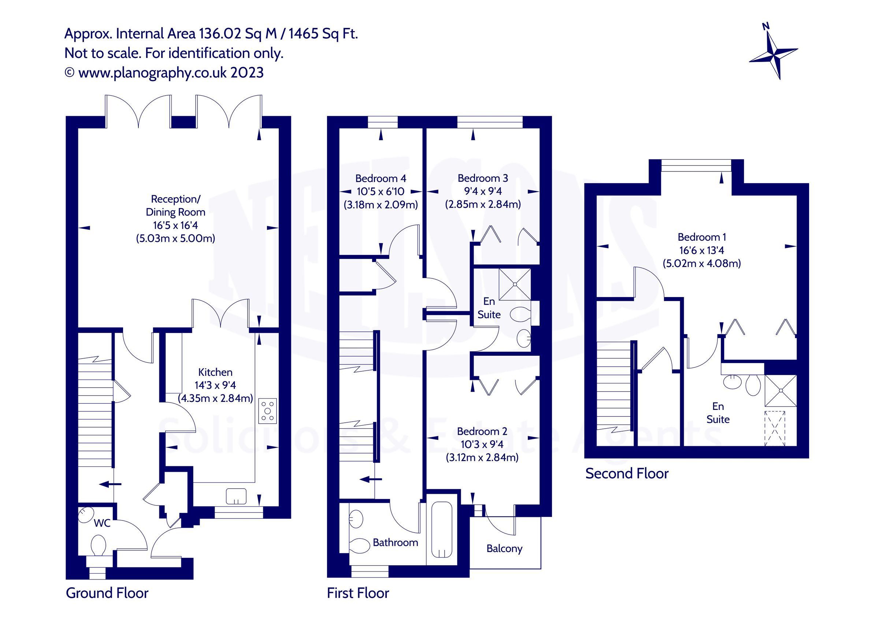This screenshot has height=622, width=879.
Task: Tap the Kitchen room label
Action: click(215, 372)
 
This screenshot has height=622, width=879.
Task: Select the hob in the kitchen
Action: click(267, 411)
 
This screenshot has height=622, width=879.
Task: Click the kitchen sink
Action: click(236, 496)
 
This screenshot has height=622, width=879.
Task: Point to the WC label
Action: click(102, 523)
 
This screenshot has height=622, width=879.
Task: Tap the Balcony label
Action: click(504, 549)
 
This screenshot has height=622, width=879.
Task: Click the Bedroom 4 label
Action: click(381, 178)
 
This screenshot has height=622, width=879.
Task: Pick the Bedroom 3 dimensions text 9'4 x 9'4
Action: click(483, 191)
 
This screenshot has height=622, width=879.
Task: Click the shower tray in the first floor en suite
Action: click(515, 284)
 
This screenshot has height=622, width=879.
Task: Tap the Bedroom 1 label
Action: click(702, 237)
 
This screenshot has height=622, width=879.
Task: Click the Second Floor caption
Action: click(627, 474)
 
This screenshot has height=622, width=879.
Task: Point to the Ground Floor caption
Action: click(107, 593)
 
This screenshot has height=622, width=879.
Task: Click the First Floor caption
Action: click(358, 593)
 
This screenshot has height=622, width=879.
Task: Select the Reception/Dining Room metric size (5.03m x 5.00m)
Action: click(176, 238)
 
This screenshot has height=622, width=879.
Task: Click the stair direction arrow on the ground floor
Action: click(110, 485)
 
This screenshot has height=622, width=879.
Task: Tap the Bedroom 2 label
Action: click(482, 432)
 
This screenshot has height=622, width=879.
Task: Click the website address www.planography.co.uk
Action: click(152, 73)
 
